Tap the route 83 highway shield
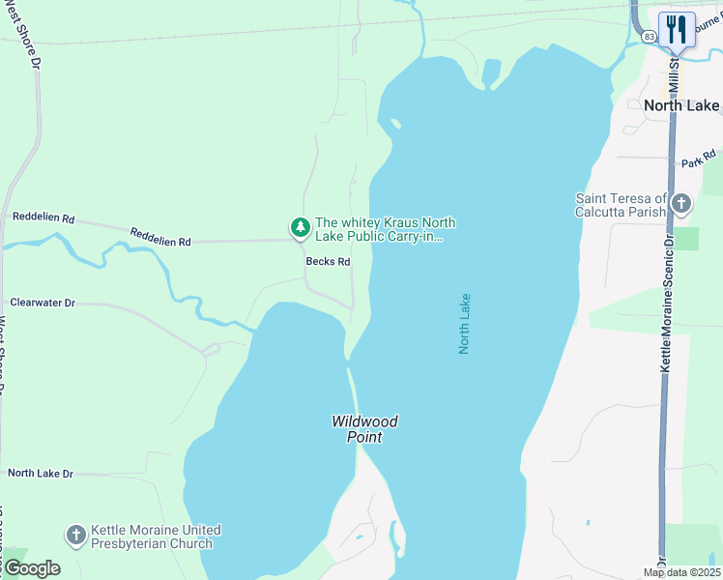point(648,36)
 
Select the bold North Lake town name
point(681,105)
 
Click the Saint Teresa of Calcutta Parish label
point(621,205)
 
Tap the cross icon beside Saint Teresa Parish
point(681,204)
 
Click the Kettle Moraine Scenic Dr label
point(666,301)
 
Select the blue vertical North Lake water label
point(464,324)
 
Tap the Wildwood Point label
point(364,429)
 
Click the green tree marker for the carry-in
point(300,228)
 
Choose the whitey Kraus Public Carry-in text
point(385,229)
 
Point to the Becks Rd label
point(328,262)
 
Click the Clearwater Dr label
point(43,303)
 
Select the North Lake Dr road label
point(41,473)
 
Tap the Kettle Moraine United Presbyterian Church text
point(156,536)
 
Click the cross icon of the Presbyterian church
point(75,536)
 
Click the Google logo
point(31,568)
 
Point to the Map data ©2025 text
point(680,572)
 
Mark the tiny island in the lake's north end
point(394,124)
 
